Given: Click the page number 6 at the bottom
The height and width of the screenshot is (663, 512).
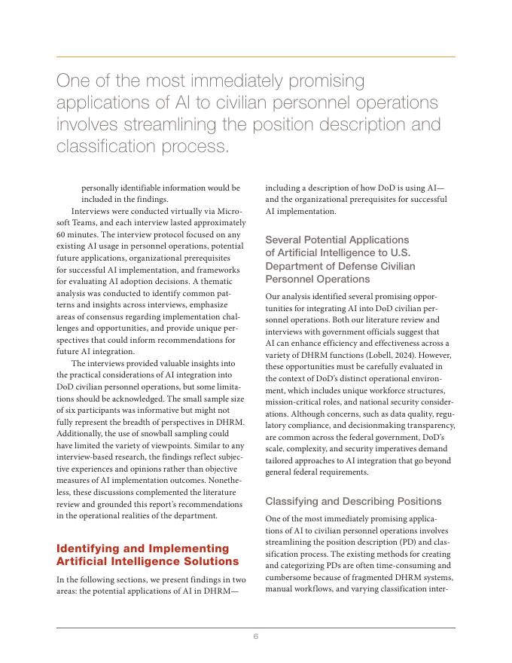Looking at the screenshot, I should pos(256,637).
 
